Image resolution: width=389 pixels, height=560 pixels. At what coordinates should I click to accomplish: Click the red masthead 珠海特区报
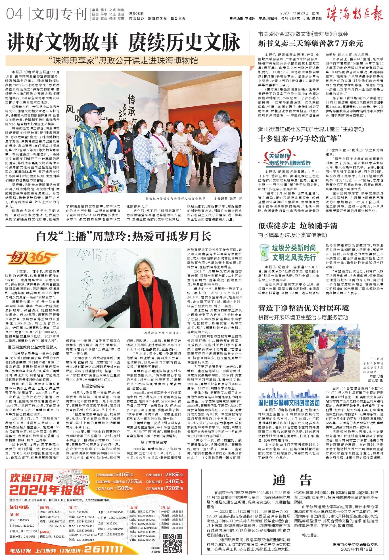click(x=355, y=13)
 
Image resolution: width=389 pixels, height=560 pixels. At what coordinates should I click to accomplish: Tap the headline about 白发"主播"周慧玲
click(x=124, y=236)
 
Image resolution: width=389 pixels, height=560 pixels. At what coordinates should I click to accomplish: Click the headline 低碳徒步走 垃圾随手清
click(x=298, y=226)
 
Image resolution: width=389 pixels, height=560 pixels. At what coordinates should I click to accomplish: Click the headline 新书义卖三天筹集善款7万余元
click(x=310, y=44)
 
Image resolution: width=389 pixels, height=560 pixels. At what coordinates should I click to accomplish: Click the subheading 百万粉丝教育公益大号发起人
click(x=32, y=347)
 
